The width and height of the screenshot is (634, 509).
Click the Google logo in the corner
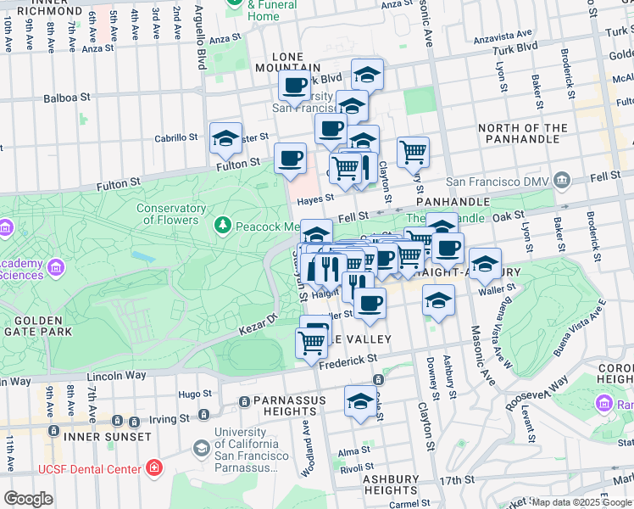(x=28, y=498)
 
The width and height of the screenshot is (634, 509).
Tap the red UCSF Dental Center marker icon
(x=153, y=467)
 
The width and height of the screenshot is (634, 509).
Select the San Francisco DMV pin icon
(x=560, y=181)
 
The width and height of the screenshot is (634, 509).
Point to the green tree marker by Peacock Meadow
(x=223, y=226)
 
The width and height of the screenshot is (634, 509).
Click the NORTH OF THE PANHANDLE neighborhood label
(x=534, y=134)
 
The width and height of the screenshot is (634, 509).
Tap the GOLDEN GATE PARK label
(x=38, y=326)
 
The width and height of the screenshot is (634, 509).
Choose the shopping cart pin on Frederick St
(x=311, y=342)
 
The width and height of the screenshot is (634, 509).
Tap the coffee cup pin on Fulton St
(x=291, y=158)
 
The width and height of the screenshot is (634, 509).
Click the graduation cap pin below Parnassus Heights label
(x=360, y=400)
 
